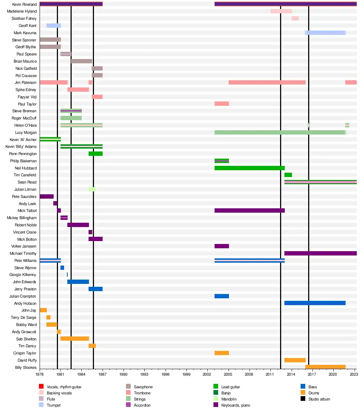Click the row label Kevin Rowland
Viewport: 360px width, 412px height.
(24, 4)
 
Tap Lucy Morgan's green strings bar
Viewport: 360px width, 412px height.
(280, 132)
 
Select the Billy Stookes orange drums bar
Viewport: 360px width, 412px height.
(325, 367)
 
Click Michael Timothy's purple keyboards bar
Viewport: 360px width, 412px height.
(320, 253)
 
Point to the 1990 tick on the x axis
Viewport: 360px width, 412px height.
(124, 375)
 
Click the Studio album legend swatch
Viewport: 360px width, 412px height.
(303, 399)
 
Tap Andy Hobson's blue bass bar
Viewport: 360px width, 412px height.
(315, 303)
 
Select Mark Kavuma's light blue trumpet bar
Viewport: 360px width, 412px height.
(325, 33)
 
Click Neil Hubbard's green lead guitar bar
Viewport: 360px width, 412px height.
(249, 168)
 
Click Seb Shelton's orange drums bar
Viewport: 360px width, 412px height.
(75, 339)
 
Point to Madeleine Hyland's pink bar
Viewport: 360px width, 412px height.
(281, 11)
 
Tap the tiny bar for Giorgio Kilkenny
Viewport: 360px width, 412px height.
(67, 275)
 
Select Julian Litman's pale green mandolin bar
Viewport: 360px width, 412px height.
(92, 189)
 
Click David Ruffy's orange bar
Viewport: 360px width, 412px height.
(295, 360)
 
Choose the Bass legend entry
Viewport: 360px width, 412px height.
(312, 387)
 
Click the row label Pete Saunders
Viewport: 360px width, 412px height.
(24, 196)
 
